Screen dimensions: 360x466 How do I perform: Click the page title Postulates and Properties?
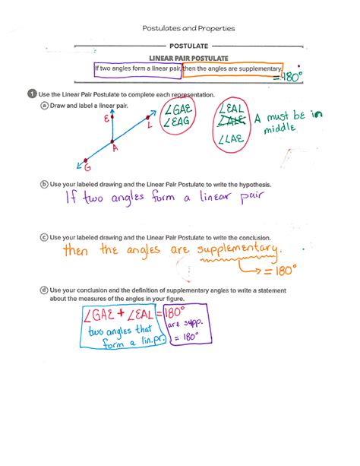click(189, 28)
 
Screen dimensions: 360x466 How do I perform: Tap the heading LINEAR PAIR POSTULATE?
click(189, 59)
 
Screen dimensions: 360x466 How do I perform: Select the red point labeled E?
click(112, 117)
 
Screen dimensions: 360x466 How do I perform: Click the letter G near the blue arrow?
click(87, 167)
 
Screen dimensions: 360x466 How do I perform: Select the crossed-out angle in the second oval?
click(232, 122)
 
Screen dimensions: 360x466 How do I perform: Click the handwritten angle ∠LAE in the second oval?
click(232, 139)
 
